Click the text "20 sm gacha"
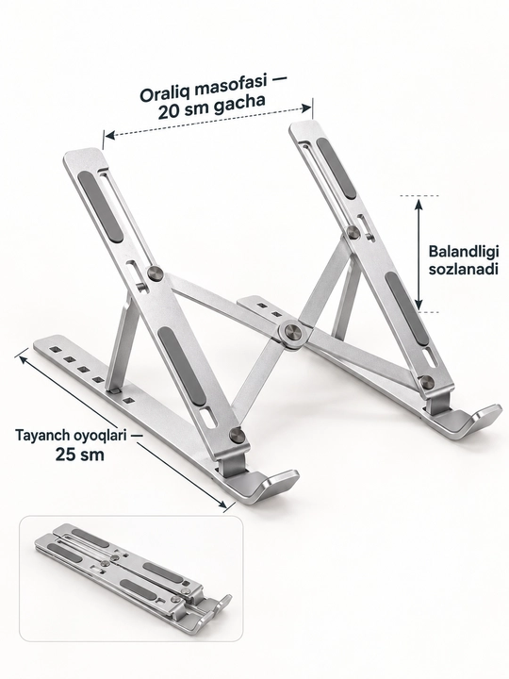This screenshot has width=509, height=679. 211,107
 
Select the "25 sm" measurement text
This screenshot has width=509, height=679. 79,455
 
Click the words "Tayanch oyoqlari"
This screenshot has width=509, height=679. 71,436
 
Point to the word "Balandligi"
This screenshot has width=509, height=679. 464,253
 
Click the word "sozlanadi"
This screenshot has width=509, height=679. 463,270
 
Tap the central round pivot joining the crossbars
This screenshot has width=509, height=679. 291,334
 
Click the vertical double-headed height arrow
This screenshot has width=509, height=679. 419,253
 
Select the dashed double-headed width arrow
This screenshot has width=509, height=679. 208,121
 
